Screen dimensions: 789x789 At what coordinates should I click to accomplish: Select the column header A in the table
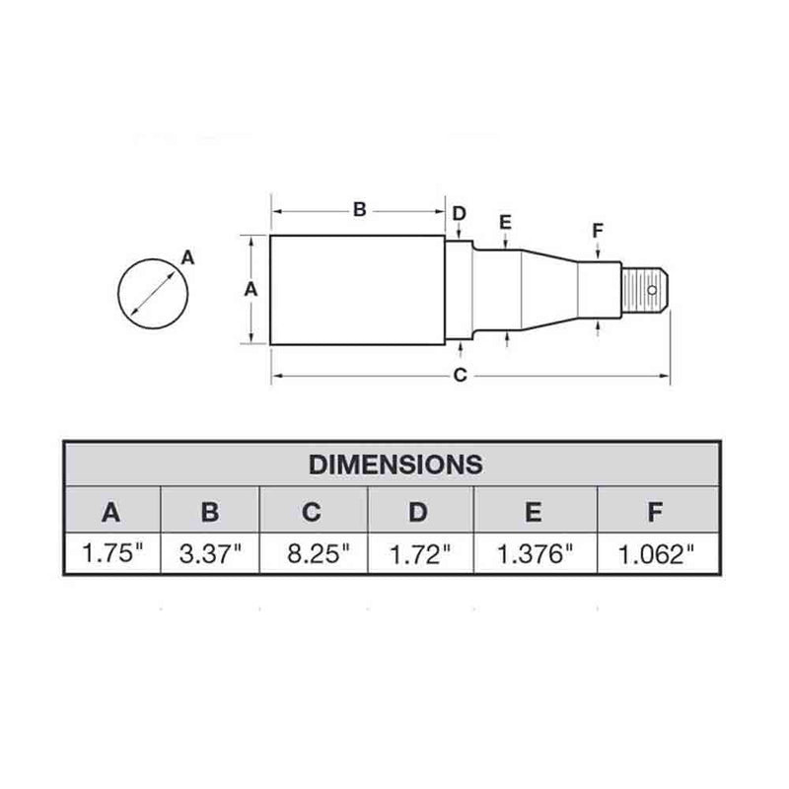click(112, 511)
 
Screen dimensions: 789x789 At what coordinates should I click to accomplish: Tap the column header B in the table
click(210, 511)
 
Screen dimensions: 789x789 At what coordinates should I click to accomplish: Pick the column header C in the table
click(313, 511)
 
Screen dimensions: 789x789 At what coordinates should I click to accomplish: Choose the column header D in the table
click(419, 511)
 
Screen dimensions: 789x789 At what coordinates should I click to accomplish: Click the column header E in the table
click(534, 511)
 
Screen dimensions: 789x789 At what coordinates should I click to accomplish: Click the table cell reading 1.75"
click(112, 553)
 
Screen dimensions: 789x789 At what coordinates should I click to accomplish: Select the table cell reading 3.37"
click(210, 553)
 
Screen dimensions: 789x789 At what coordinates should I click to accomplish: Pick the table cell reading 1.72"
click(419, 553)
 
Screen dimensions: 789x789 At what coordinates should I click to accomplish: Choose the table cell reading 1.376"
click(534, 553)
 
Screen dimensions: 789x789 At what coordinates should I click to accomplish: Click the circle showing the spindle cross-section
click(153, 293)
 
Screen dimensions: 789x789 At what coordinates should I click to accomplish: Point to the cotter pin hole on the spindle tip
click(653, 290)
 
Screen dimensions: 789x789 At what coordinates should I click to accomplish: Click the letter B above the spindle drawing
click(360, 209)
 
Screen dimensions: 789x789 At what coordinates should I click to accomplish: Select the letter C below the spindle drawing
click(459, 374)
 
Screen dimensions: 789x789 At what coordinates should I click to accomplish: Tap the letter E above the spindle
click(505, 222)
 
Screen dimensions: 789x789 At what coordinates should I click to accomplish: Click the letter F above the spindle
click(598, 232)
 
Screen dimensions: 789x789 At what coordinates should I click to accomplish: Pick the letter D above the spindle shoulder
click(459, 214)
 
